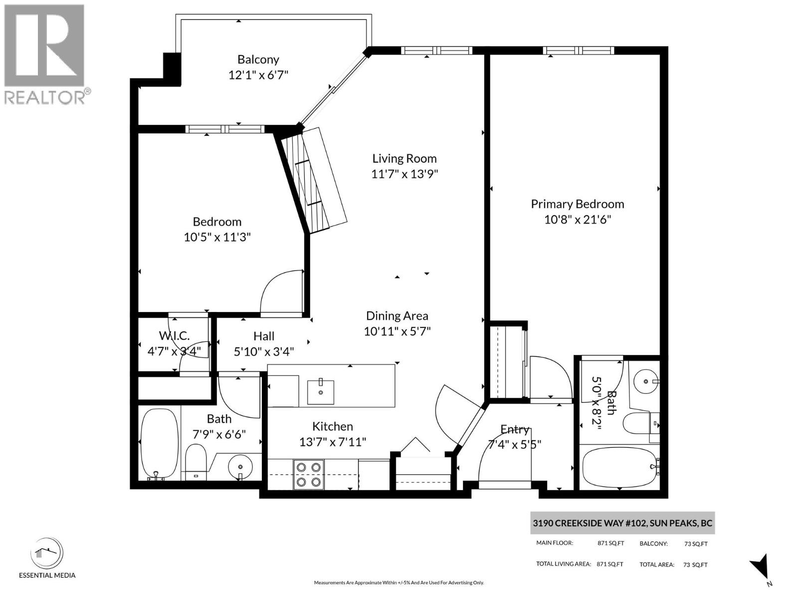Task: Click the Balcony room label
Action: pos(258,59)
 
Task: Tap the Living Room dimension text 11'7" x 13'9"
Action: pos(404,174)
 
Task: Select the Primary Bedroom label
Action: pos(577,204)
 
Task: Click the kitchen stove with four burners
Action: pos(308,474)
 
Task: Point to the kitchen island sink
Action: pos(321,392)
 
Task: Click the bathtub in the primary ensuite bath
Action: pos(620,467)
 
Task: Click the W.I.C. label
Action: pos(174,336)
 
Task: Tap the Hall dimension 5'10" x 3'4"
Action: pos(264,352)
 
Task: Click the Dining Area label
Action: pos(397,316)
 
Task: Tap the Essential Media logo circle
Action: pos(47,554)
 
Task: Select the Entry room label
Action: pos(514,429)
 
